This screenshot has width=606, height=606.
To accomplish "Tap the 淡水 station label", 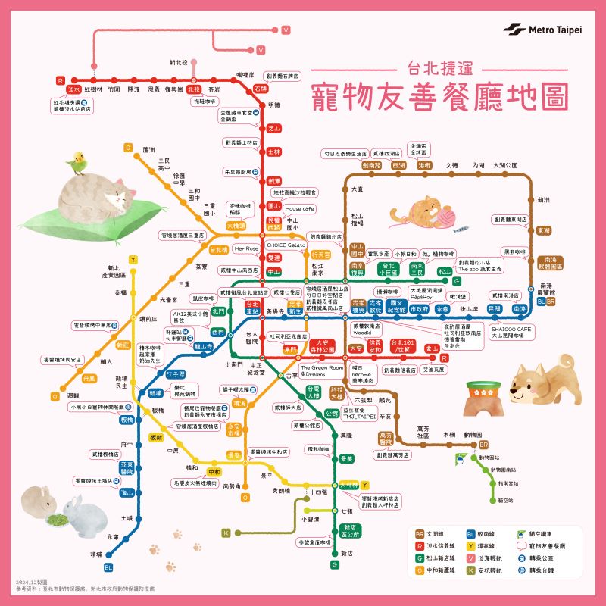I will [73, 89].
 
